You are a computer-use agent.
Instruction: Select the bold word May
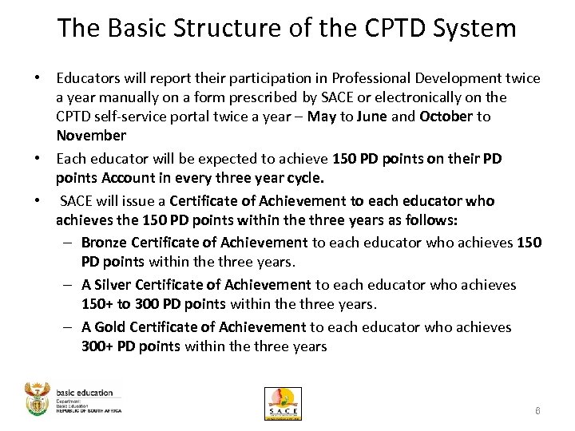coord(323,117)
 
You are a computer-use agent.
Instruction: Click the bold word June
coord(371,117)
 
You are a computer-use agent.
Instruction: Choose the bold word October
coord(446,117)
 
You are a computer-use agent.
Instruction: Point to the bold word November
coord(91,136)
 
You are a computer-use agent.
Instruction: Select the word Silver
coord(113,285)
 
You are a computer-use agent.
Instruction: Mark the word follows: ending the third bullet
coord(430,219)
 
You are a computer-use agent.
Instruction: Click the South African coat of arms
coord(38,398)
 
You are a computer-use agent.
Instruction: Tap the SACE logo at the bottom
coord(283,404)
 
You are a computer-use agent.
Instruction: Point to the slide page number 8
coord(538,410)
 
